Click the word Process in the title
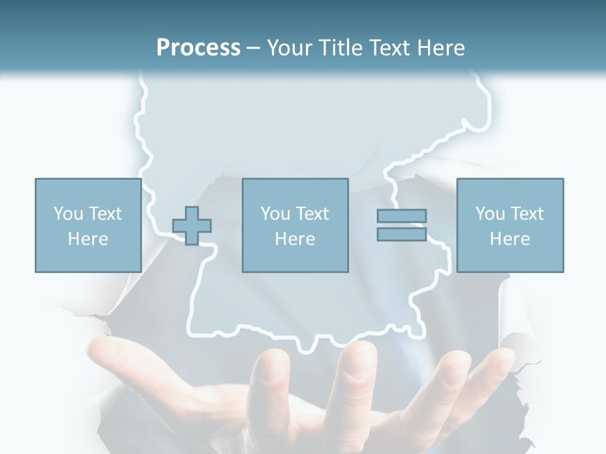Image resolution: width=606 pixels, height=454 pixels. click(x=198, y=48)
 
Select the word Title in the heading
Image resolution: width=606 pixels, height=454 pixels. click(x=340, y=48)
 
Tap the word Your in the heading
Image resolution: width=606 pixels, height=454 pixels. click(x=291, y=48)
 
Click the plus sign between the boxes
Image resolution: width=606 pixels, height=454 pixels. click(x=192, y=225)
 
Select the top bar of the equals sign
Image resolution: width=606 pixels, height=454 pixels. click(x=401, y=216)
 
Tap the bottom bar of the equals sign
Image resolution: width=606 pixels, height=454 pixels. click(x=401, y=234)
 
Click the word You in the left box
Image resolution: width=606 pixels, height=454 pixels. click(x=68, y=214)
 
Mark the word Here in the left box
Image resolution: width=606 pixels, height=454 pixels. click(x=88, y=239)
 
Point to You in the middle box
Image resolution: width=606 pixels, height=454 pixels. click(x=275, y=214)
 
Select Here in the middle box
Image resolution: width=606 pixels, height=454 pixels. click(x=295, y=239)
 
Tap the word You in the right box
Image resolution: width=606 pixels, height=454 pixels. click(x=489, y=214)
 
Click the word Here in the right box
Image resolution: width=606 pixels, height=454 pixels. click(x=509, y=239)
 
